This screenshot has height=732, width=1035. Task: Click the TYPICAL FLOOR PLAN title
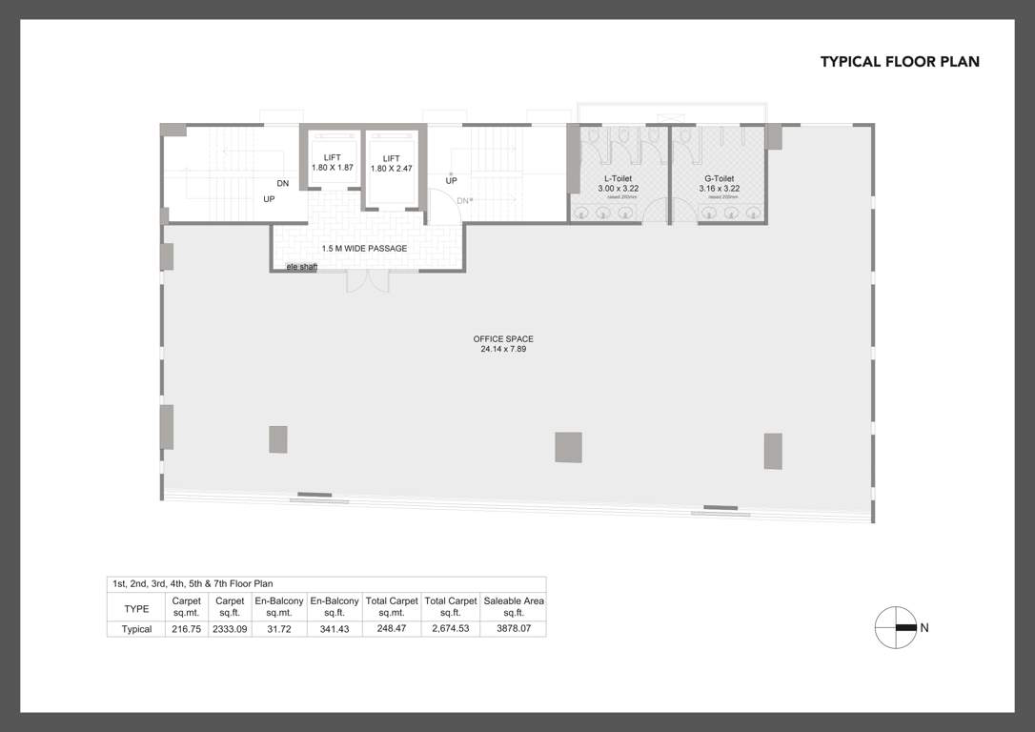[x=900, y=62]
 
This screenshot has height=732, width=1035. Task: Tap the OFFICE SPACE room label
[x=503, y=339]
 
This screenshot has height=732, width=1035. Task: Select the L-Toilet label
[x=618, y=178]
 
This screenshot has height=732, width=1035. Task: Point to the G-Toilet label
[x=719, y=178]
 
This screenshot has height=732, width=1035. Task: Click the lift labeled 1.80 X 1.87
[x=332, y=163]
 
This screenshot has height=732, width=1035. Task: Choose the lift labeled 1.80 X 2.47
[x=391, y=163]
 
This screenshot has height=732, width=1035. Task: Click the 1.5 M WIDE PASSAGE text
[x=364, y=249]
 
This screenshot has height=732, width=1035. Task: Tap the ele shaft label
[x=301, y=267]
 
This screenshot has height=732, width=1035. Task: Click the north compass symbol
[x=896, y=627]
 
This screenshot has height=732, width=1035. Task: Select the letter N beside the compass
[x=924, y=627]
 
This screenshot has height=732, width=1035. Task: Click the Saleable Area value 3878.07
[x=514, y=629]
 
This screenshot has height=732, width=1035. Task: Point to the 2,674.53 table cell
[x=450, y=629]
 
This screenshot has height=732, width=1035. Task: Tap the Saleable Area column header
[x=514, y=606]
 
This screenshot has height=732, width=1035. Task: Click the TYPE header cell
[x=136, y=607]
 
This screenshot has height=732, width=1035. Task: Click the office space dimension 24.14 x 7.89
[x=503, y=350]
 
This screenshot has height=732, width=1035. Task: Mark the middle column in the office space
[x=568, y=447]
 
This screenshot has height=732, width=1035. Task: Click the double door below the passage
[x=367, y=281]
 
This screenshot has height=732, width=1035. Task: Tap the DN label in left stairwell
[x=283, y=183]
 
